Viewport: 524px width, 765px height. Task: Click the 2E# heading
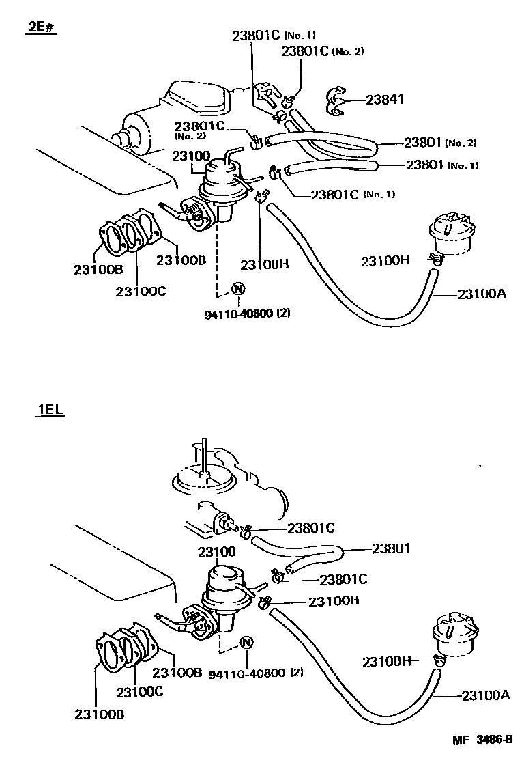(x=41, y=29)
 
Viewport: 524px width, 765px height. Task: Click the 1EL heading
(x=48, y=411)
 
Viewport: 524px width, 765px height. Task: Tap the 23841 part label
(x=385, y=99)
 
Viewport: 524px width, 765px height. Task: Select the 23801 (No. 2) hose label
(x=439, y=143)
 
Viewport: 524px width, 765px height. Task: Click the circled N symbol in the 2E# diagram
(x=238, y=289)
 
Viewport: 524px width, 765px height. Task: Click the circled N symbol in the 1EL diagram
(x=247, y=643)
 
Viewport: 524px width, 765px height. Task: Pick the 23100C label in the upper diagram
(x=141, y=292)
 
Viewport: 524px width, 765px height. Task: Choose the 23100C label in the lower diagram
(x=139, y=691)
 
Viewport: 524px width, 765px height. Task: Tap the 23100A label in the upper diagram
(x=482, y=294)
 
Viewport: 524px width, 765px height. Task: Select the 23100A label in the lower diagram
(x=486, y=695)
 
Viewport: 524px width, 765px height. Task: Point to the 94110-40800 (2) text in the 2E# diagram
(x=248, y=314)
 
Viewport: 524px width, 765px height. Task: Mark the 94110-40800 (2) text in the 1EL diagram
(x=255, y=672)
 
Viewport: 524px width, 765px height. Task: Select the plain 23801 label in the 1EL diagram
(x=391, y=548)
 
